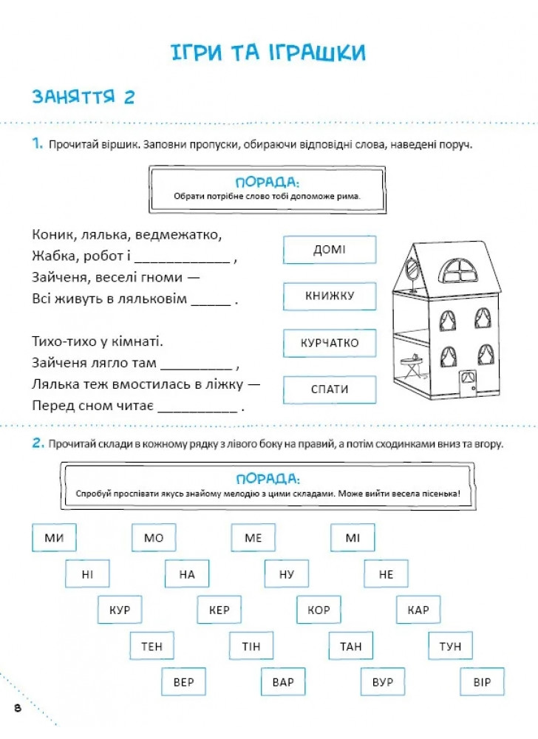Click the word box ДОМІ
[x=329, y=250]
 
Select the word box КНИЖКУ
[x=329, y=296]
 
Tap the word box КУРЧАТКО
[x=329, y=343]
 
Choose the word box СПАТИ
[x=329, y=389]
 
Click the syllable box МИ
[x=54, y=538]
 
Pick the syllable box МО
[x=153, y=538]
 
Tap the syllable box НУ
[x=286, y=574]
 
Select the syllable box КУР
[x=119, y=610]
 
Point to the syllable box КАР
[x=418, y=610]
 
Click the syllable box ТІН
[x=251, y=647]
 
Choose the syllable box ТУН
[x=449, y=647]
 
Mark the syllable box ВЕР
[x=183, y=682]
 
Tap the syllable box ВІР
[x=482, y=682]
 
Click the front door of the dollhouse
[x=467, y=383]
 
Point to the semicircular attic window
[x=460, y=271]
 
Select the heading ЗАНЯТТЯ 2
[x=83, y=97]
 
